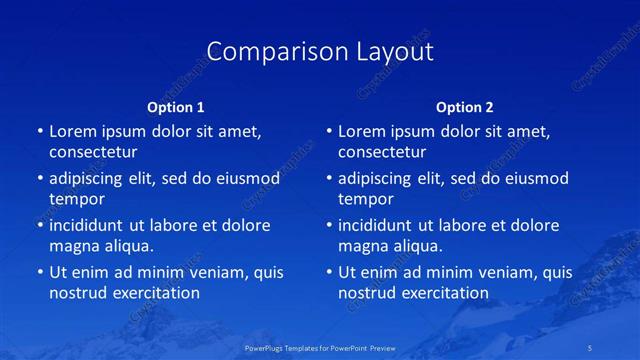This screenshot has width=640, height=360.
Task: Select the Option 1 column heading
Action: [176, 107]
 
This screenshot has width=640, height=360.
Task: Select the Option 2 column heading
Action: [465, 107]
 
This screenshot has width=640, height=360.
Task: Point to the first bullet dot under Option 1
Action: [40, 132]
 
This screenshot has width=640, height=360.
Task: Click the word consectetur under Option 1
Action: [93, 152]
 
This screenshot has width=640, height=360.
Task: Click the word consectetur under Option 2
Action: [382, 152]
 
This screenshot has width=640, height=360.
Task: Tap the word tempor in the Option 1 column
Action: [77, 199]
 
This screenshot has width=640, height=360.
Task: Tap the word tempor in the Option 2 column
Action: [366, 199]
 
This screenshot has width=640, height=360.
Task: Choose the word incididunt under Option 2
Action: [376, 226]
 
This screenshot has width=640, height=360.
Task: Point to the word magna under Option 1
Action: [74, 246]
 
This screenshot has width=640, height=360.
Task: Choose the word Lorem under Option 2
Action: [362, 132]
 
